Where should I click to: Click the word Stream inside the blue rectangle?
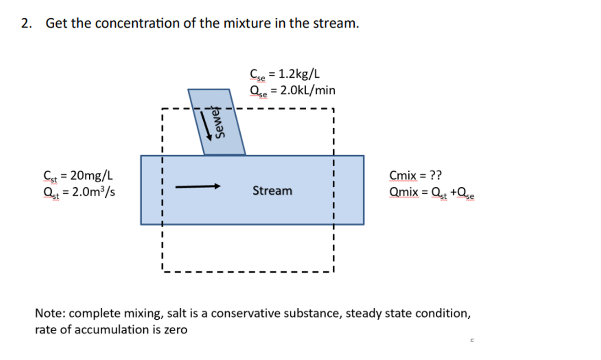[272, 191]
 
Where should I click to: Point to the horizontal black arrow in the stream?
[198, 186]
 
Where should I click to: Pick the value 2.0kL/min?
[305, 90]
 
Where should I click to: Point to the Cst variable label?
[48, 175]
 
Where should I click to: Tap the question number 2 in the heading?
[26, 23]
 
